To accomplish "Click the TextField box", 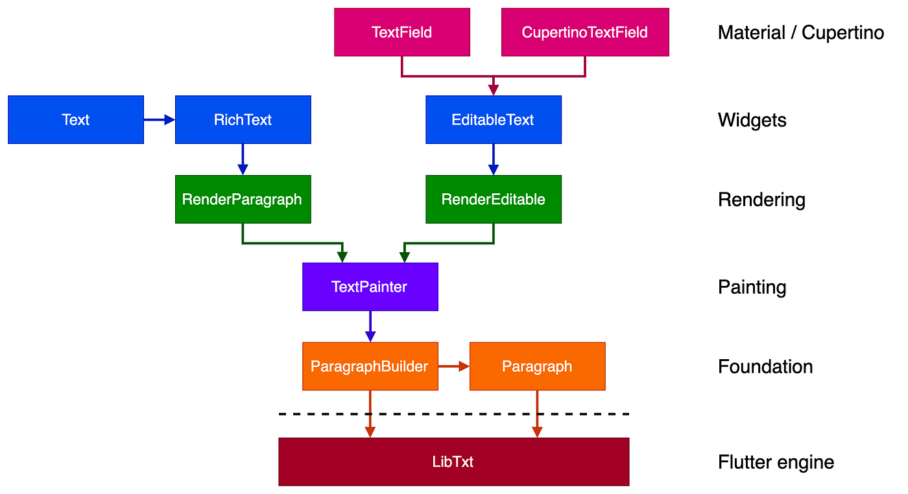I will coord(402,32).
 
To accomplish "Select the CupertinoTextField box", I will coord(585,32).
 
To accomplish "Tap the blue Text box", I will coord(76,120).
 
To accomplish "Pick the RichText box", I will coord(243,120).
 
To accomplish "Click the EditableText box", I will coord(494,120).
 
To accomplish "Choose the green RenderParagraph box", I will coord(243,199).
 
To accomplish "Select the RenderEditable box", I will coord(494,199).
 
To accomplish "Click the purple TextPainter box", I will coord(370,287).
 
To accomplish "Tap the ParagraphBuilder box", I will coord(370,366).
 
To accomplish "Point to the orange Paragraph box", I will coord(537,366).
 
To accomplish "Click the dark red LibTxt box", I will coord(454,462).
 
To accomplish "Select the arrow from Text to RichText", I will coord(160,120).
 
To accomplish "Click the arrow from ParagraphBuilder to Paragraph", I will coord(454,366).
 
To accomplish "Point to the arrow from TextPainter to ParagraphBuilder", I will coord(370,326).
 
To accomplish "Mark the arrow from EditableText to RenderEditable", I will coord(494,159).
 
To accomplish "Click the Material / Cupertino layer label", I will coord(801,32).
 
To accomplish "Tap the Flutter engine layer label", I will coord(776,462).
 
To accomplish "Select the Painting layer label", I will coord(752,287).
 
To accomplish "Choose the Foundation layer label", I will coord(765,367).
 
